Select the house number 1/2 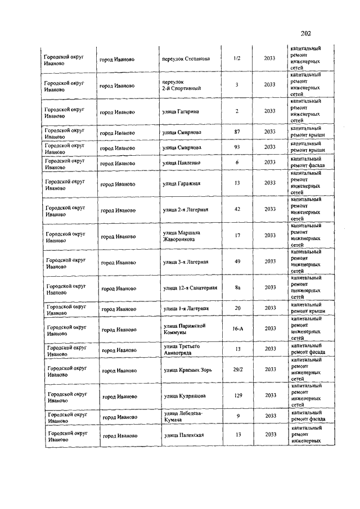click(x=237, y=58)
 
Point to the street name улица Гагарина click(x=180, y=111)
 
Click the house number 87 click(x=237, y=132)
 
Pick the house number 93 click(x=237, y=148)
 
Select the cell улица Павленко click(x=181, y=163)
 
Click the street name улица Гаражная click(x=181, y=183)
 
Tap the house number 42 click(x=237, y=209)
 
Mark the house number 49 click(x=238, y=262)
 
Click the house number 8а click(x=238, y=288)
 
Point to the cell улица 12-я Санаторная click(x=190, y=288)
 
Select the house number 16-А click(x=238, y=328)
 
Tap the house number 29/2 click(x=238, y=370)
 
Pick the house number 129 click(x=238, y=396)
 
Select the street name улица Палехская click(x=183, y=435)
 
